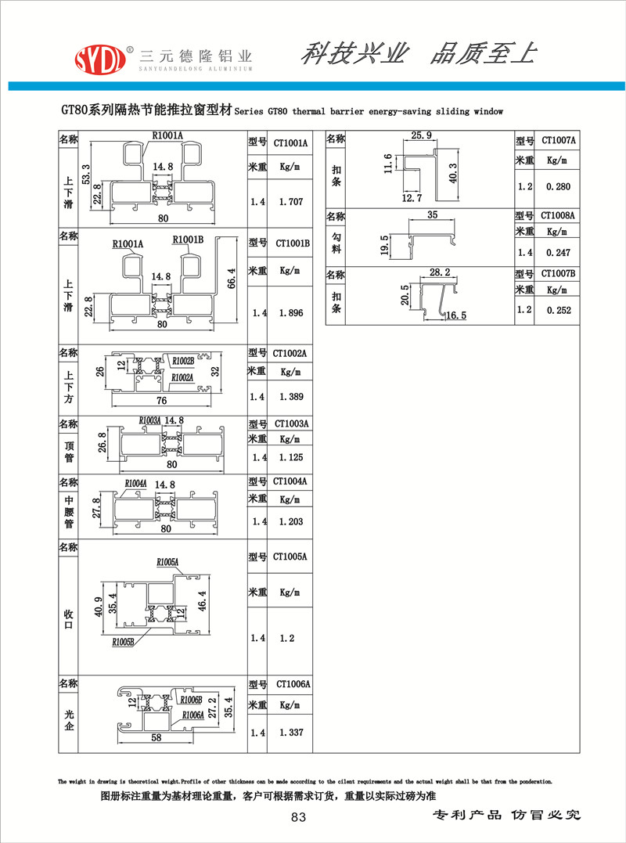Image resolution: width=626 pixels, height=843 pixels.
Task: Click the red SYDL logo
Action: click(x=100, y=59)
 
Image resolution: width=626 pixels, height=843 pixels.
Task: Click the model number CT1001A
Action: click(x=290, y=143)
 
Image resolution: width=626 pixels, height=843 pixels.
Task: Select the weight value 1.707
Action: click(x=291, y=202)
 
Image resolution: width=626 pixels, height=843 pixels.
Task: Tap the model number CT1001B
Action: click(x=293, y=243)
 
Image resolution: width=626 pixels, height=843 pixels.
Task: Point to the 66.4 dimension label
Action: click(x=232, y=279)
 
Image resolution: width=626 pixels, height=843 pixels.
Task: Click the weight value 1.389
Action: click(x=291, y=397)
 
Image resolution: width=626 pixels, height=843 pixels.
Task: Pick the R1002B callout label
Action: click(x=183, y=362)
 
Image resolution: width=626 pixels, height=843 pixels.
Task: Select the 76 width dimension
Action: click(x=161, y=401)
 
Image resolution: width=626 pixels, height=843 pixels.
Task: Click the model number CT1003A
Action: click(x=291, y=423)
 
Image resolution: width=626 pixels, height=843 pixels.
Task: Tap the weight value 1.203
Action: click(x=291, y=521)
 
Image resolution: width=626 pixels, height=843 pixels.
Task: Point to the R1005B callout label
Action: click(x=123, y=642)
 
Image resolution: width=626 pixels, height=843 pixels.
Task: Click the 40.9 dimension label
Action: click(x=99, y=607)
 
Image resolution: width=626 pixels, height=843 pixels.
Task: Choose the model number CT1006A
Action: click(x=293, y=684)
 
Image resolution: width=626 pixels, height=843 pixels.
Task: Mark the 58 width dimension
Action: click(x=156, y=737)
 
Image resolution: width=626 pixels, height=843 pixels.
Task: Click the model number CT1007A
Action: click(x=558, y=140)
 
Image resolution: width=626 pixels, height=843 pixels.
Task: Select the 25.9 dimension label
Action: click(x=421, y=135)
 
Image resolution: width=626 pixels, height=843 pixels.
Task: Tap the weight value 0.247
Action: click(x=558, y=252)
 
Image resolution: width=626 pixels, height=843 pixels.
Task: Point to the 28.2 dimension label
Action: click(x=440, y=272)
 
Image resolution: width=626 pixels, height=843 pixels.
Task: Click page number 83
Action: click(x=298, y=817)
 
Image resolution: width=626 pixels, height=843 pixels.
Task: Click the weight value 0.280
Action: click(x=558, y=186)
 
